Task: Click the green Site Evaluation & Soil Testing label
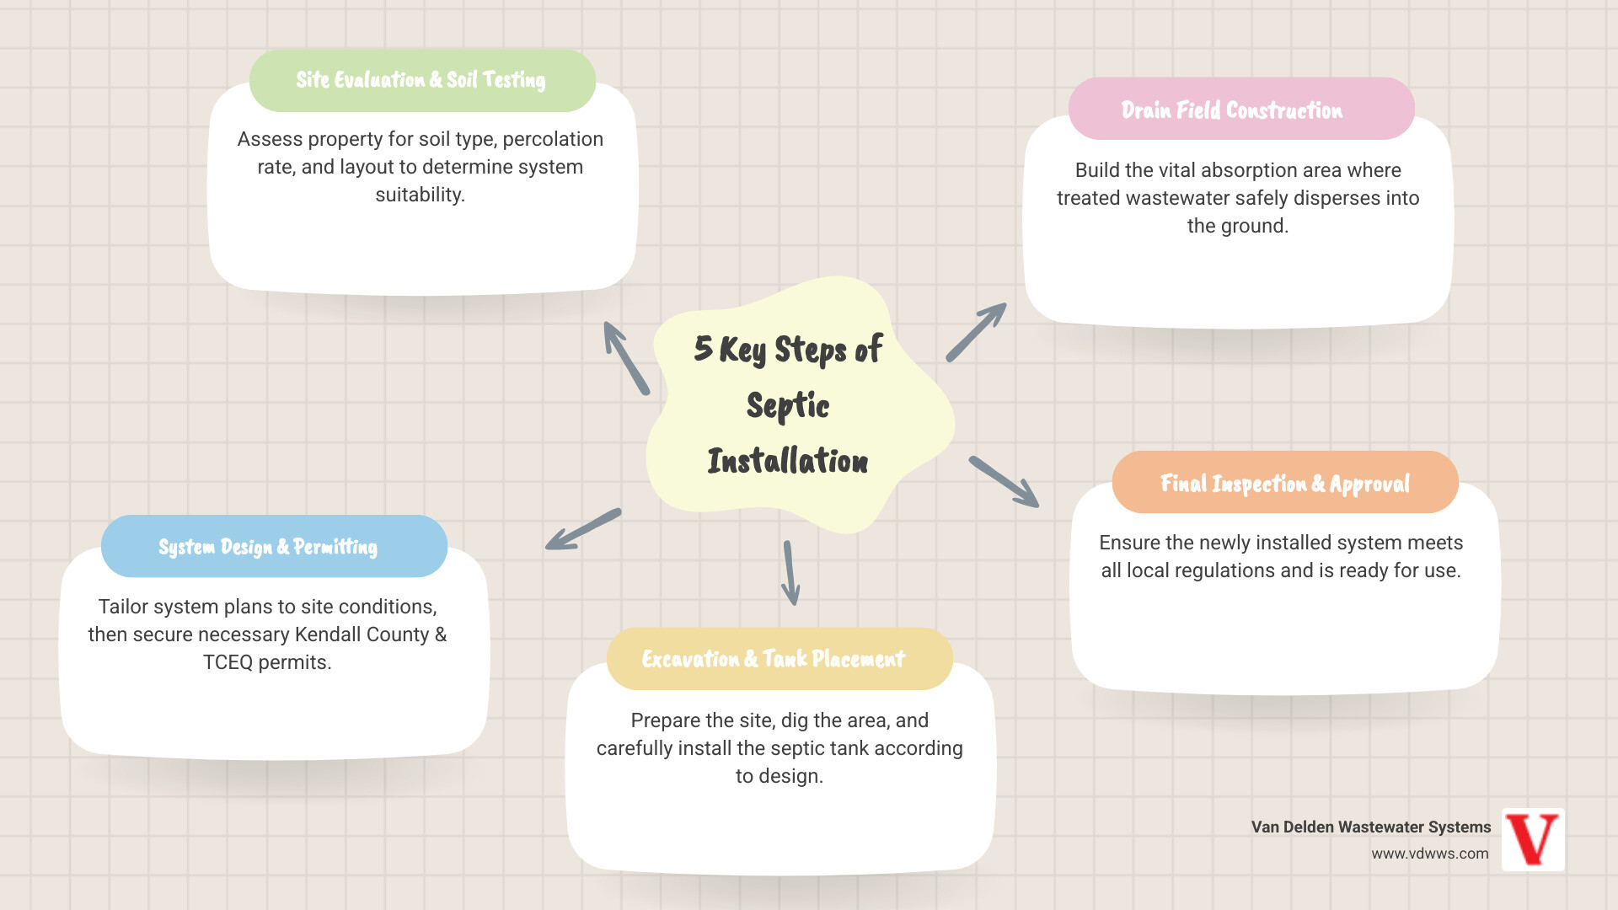(x=421, y=80)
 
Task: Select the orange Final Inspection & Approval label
(x=1284, y=483)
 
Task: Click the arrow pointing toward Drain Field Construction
(x=976, y=333)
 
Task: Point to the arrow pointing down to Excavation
(x=790, y=573)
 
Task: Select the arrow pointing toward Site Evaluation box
(x=626, y=358)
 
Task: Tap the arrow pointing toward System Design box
(x=582, y=529)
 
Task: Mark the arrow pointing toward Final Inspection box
(x=1004, y=482)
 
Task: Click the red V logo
(x=1533, y=839)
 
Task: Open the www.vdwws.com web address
(x=1429, y=854)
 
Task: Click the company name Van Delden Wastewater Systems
(x=1370, y=827)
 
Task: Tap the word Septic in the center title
(x=788, y=406)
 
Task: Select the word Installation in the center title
(x=788, y=462)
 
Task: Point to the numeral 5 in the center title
(x=703, y=348)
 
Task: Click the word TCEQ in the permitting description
(x=228, y=662)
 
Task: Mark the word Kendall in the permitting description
(x=329, y=634)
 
